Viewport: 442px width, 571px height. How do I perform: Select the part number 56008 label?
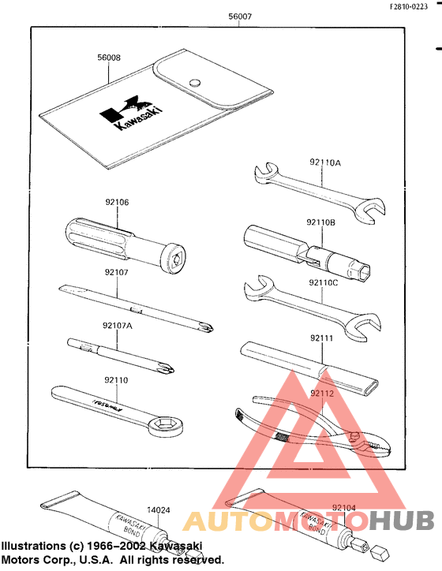coord(109,58)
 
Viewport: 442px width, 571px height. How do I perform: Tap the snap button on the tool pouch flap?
coord(193,81)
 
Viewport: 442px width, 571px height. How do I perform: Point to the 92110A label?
coord(325,162)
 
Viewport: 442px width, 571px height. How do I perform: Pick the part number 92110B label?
coord(323,223)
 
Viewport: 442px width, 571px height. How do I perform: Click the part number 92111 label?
coord(322,338)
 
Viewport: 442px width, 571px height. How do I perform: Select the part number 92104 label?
coord(344,508)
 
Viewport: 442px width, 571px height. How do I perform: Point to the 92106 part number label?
coord(116,202)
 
